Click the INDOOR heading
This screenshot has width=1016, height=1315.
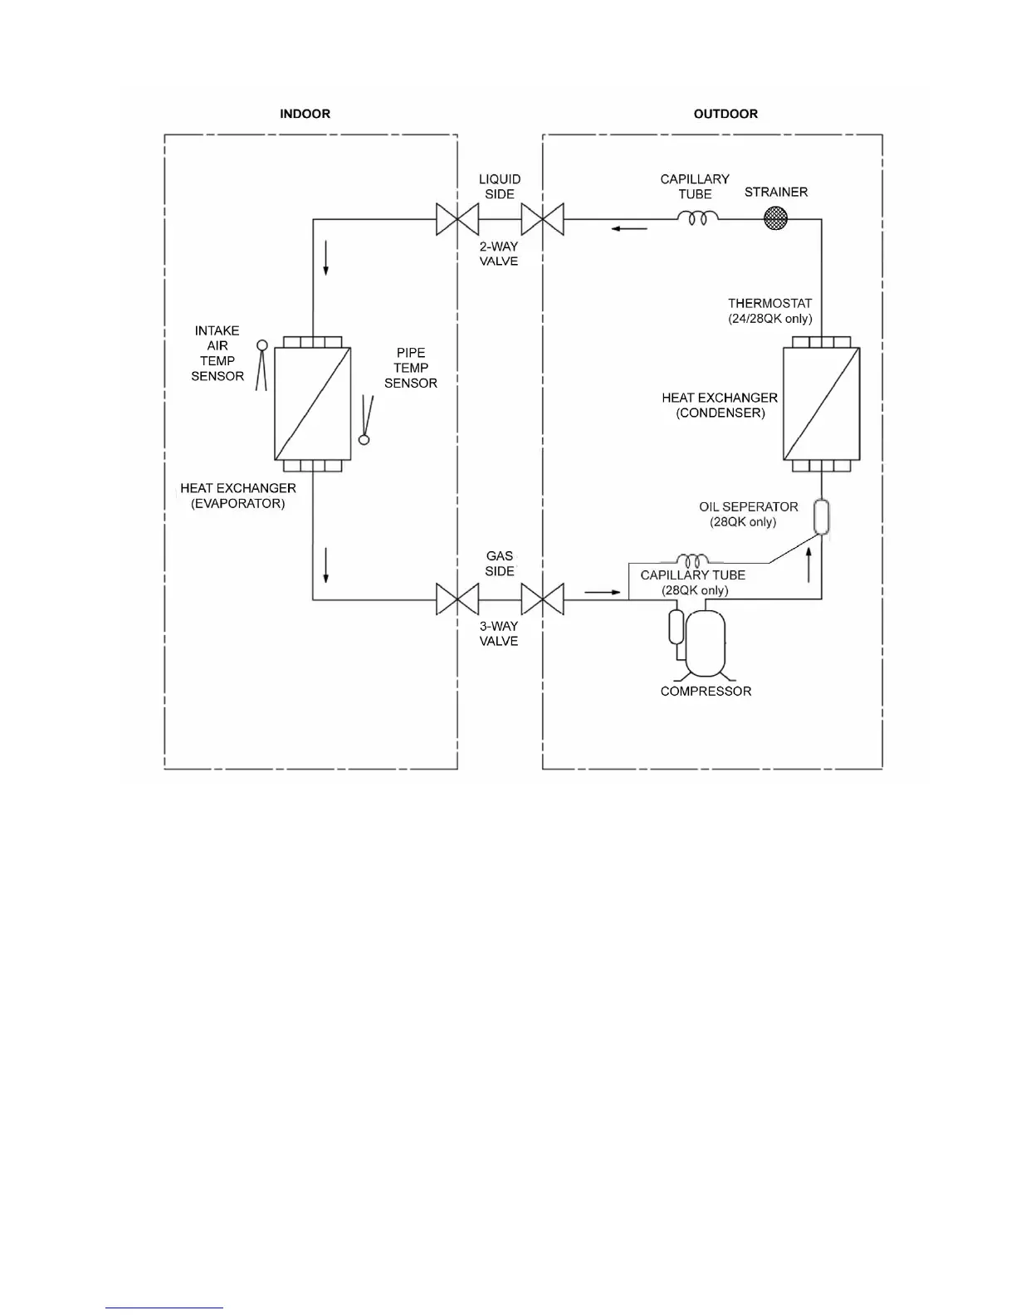305,114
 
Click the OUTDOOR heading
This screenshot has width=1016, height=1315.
725,114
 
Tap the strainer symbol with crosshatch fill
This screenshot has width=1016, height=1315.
775,218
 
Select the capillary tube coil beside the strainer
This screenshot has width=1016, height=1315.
698,218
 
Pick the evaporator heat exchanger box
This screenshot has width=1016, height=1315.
312,403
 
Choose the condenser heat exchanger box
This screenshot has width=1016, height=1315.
821,403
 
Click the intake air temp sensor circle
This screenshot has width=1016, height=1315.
262,345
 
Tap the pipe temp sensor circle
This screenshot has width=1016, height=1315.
364,439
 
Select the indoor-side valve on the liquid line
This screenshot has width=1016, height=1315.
457,219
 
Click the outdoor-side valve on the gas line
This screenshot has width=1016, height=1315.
542,599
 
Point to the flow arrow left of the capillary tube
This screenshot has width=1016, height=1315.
630,228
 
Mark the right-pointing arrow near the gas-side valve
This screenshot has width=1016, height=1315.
603,592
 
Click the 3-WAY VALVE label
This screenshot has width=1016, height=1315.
499,633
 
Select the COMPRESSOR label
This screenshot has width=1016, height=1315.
706,691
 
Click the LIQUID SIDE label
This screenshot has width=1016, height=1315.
500,186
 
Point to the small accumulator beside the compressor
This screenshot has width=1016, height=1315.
676,626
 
